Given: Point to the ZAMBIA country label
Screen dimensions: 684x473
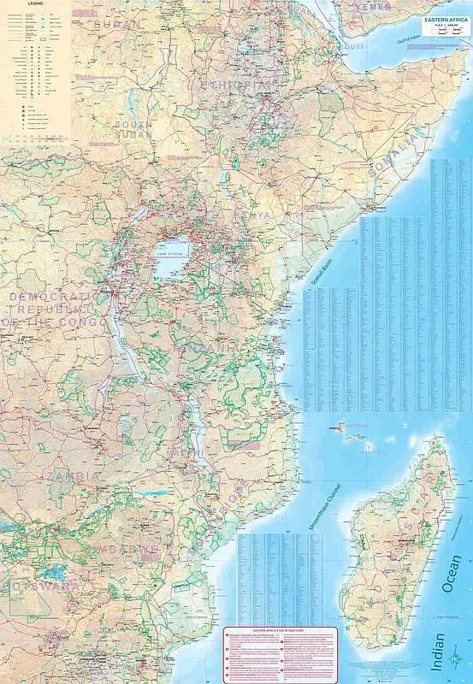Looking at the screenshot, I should point(74,476).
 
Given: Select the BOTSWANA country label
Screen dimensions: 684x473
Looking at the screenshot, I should point(43,587).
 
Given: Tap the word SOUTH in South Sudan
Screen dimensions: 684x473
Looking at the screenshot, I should point(133,124).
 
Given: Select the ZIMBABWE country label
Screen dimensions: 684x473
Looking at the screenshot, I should point(128,548).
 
